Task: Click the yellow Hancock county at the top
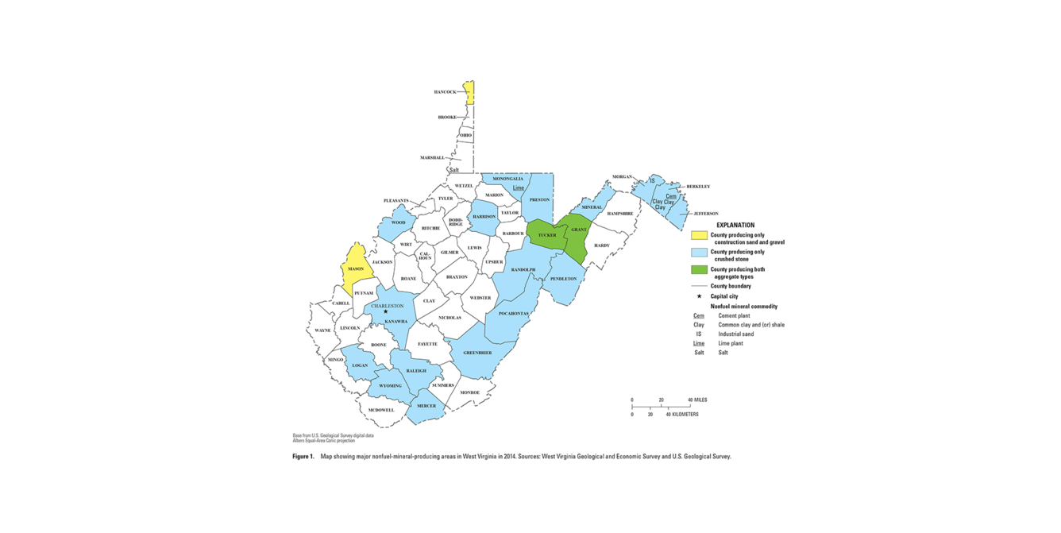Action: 469,92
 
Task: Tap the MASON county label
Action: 356,269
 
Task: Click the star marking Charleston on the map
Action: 386,311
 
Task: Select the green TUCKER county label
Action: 547,235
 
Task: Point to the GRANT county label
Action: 579,230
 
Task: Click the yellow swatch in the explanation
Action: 699,235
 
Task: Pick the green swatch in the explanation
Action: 699,270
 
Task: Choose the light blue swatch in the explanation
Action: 699,253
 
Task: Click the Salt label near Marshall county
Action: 454,170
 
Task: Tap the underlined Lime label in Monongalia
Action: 519,188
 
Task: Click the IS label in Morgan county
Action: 652,181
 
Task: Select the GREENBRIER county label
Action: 477,353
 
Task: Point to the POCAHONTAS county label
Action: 513,314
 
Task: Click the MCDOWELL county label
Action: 381,410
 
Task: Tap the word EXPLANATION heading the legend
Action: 735,225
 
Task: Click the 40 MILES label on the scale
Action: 697,400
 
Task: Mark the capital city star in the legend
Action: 699,296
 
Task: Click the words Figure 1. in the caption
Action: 303,457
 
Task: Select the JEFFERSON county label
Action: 705,214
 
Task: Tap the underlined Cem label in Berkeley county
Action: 671,196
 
